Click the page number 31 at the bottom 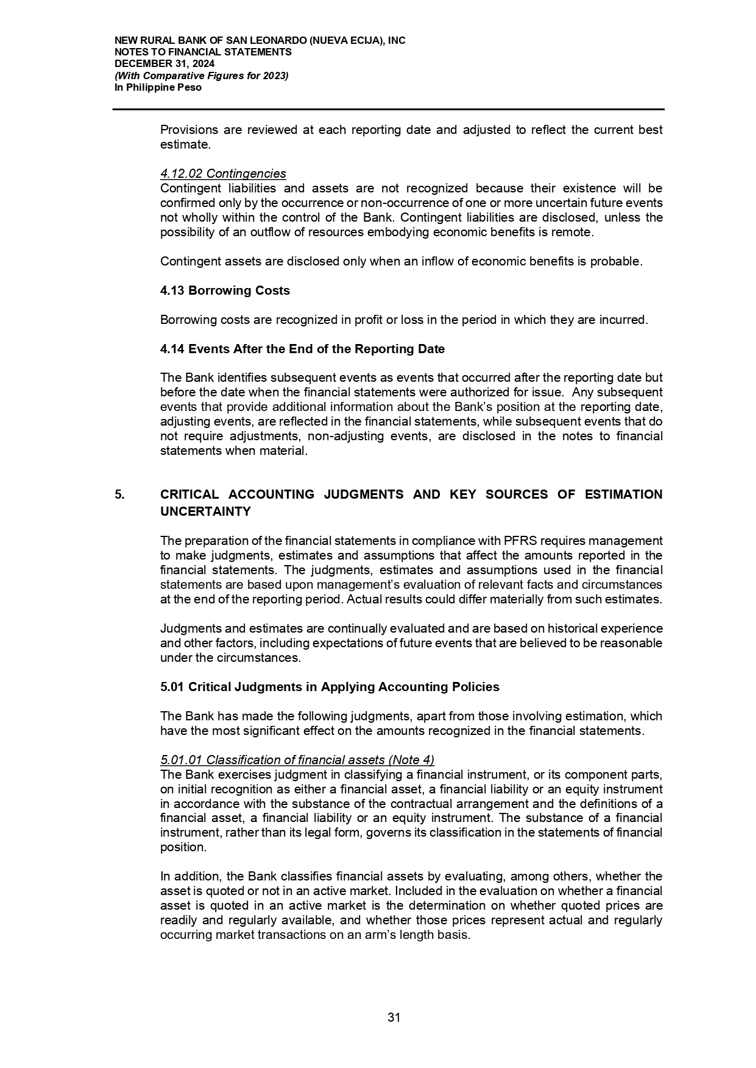pos(394,1017)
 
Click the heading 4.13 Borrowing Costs pos(225,290)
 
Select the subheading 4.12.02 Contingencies pos(223,174)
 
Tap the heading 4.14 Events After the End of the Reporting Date pos(302,349)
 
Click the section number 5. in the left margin pos(119,494)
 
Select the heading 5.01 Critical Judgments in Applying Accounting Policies pos(330,687)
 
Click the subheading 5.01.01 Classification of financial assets pos(297,760)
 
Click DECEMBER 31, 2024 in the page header pos(164,64)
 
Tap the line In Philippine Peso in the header pos(158,87)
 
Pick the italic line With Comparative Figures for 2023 pos(202,76)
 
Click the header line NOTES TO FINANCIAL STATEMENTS pos(203,52)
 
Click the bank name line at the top pos(260,41)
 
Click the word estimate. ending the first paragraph pos(185,145)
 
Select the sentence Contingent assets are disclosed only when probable pos(401,261)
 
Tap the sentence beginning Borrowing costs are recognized pos(403,320)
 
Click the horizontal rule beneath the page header pos(388,110)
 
